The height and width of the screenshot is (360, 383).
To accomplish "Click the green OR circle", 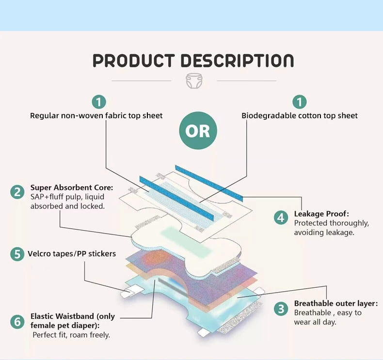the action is click(x=198, y=130).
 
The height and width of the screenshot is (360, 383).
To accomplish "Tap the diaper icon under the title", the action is click(x=194, y=80).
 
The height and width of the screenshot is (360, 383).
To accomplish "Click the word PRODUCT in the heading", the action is click(x=134, y=61).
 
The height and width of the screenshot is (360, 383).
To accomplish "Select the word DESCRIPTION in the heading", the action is click(x=237, y=61).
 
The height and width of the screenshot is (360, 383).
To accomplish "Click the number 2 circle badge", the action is click(x=17, y=192).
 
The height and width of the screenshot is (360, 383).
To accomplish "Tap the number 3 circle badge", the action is click(x=281, y=309).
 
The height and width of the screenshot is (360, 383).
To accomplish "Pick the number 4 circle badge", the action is click(x=281, y=218).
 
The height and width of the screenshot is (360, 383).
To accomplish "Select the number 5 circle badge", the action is click(x=17, y=254).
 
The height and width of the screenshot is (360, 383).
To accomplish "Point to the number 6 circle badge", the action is click(x=17, y=321).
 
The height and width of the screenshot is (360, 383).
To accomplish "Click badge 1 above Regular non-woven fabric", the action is click(x=99, y=102).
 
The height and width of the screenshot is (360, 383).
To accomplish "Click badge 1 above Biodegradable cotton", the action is click(x=300, y=102).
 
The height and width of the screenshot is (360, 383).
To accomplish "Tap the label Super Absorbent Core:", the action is click(x=72, y=188).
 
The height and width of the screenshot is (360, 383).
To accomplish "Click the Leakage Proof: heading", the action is click(x=321, y=214).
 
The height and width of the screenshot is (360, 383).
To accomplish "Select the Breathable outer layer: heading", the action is click(x=336, y=303).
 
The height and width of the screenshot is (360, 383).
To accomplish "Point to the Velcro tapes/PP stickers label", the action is click(x=72, y=254).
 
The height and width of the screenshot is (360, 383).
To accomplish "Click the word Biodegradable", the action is click(x=265, y=116).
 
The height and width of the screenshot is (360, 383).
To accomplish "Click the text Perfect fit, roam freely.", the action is click(x=71, y=335).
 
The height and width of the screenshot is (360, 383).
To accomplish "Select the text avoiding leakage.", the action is click(x=324, y=233).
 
